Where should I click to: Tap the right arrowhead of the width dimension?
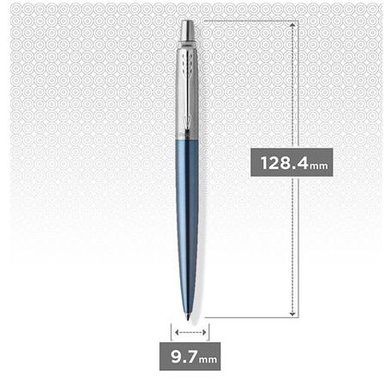(x=202, y=331)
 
